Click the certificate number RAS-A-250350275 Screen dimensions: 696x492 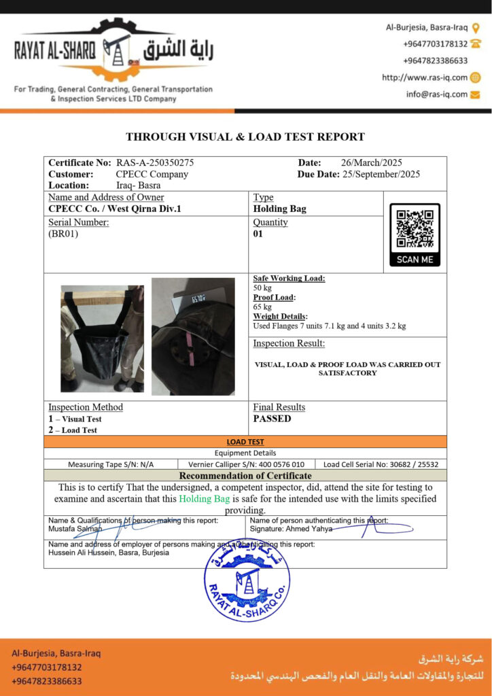tap(155, 162)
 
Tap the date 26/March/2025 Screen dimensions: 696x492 tap(371, 162)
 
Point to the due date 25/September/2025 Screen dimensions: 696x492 tap(383, 174)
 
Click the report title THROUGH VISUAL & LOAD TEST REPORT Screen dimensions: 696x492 tap(245, 137)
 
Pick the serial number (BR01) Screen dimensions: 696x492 tap(63, 234)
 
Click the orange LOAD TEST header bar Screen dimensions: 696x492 tap(245, 441)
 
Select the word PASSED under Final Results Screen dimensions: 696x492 tap(272, 419)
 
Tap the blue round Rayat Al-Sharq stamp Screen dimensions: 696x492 tap(247, 582)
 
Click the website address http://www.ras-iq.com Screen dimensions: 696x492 tap(425, 77)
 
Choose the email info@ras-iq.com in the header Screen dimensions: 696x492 tap(437, 94)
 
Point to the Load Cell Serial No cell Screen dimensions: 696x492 tap(381, 464)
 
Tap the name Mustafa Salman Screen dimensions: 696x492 tap(75, 528)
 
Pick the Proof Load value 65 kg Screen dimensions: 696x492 tap(262, 307)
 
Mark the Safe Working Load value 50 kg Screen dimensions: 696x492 tap(262, 288)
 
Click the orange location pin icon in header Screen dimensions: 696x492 tap(476, 28)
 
